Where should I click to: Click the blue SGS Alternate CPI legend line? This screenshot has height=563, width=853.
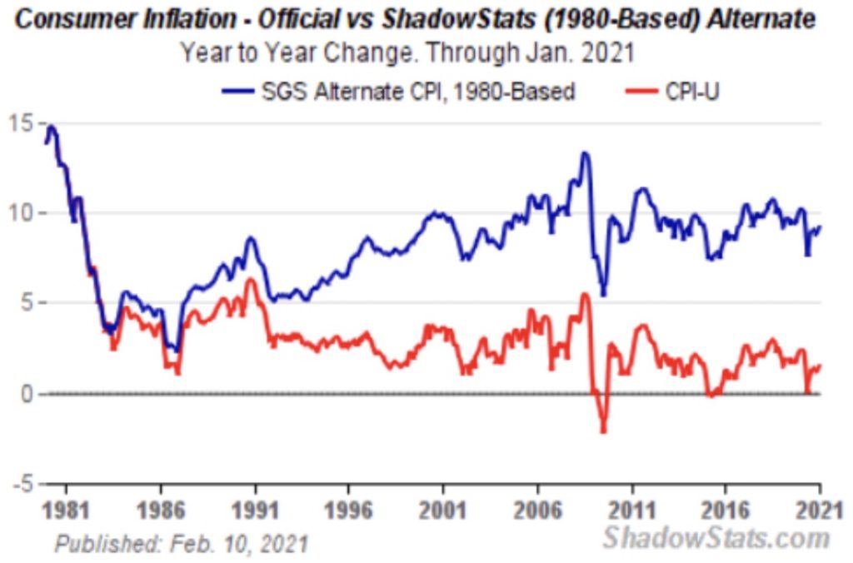[x=242, y=90]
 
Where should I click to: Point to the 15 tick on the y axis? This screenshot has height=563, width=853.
[x=22, y=123]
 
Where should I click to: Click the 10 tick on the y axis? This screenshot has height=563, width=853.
[x=22, y=213]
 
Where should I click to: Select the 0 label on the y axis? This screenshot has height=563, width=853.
[x=27, y=394]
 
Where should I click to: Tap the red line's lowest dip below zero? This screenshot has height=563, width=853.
[x=602, y=430]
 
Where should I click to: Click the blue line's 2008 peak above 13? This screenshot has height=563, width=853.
[x=585, y=153]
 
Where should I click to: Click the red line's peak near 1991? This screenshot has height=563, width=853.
[x=249, y=280]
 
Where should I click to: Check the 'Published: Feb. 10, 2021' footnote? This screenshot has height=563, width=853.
[x=182, y=545]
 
